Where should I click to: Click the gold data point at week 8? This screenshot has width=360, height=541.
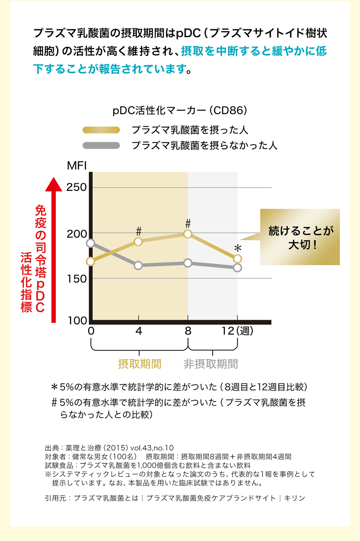(x=188, y=234)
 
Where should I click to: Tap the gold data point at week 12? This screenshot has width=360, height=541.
(x=237, y=258)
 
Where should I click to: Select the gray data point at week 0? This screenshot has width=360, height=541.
(x=91, y=243)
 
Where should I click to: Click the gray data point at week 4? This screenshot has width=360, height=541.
(x=139, y=265)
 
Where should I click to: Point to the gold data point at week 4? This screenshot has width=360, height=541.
(x=139, y=242)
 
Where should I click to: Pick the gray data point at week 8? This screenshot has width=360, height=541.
(x=188, y=263)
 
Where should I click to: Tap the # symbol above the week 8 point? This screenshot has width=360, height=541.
(x=188, y=223)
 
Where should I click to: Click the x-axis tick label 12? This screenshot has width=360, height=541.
(x=228, y=331)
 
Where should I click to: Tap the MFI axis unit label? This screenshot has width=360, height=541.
(x=77, y=166)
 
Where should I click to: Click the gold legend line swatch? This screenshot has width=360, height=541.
(x=101, y=130)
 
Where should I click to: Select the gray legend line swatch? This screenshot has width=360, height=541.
(x=101, y=145)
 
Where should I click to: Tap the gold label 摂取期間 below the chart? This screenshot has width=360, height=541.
(x=139, y=364)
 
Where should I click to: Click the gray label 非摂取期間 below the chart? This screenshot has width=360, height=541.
(x=211, y=364)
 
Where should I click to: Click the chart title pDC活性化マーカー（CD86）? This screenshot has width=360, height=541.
(x=180, y=110)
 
